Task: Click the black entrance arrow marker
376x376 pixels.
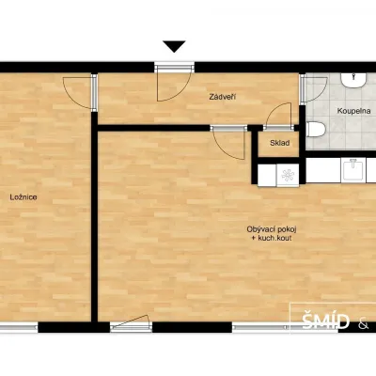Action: point(174,46)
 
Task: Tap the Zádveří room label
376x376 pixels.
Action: point(223,97)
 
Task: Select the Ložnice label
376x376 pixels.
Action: point(23,197)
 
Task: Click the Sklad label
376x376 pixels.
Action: point(280,143)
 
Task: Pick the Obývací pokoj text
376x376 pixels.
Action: point(272,229)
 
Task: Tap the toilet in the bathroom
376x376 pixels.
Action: point(316,130)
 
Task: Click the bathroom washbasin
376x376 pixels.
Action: point(353,81)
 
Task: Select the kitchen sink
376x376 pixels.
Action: point(352,171)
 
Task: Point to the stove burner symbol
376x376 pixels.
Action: point(288,176)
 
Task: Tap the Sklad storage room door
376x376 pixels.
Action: point(278,117)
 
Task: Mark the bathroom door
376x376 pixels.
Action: point(314,89)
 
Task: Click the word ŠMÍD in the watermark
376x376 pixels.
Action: point(325,321)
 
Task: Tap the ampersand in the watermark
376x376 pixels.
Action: point(364,324)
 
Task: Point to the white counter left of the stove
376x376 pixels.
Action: point(267,176)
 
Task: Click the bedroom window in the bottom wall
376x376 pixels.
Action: point(19,328)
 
